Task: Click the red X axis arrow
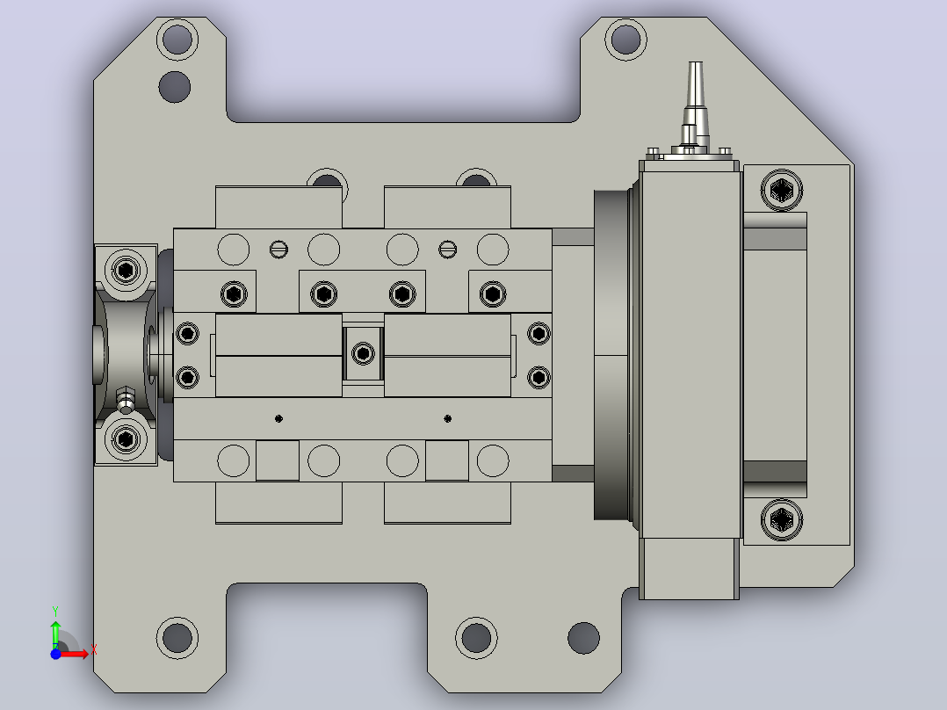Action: coord(74,653)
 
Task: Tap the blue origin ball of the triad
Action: coord(55,654)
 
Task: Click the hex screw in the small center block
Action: coord(363,353)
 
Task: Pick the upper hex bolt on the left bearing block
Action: coord(126,270)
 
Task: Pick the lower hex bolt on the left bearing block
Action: coord(126,438)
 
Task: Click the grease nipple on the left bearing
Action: coord(125,400)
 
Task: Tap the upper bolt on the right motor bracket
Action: coord(782,191)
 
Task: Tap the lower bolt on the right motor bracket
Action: coord(782,519)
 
